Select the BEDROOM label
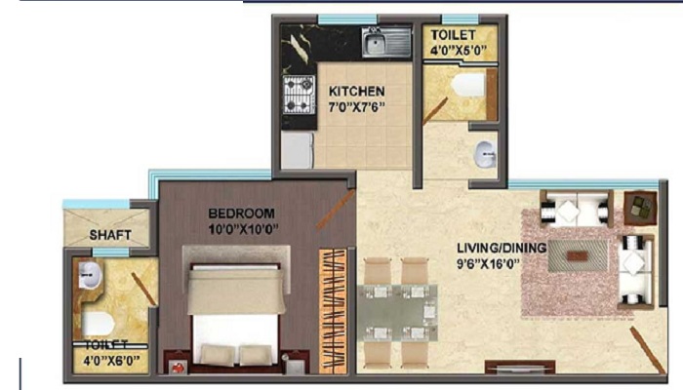[x=241, y=213]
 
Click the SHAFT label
[x=110, y=235]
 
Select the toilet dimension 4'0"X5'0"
[x=459, y=51]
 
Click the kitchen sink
[x=376, y=42]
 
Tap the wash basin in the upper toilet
[x=484, y=154]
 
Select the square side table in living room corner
[x=640, y=206]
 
